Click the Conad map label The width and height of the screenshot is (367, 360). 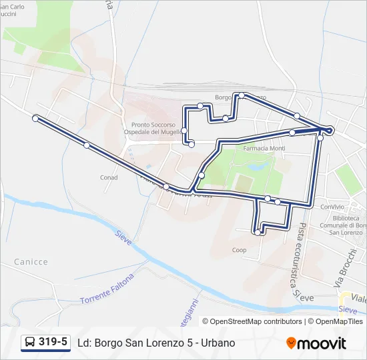109,178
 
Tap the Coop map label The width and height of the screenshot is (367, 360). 239,251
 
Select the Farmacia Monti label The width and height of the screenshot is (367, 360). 264,148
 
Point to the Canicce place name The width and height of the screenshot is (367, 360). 31,262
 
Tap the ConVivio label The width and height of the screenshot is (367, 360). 332,207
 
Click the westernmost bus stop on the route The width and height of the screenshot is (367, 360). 35,118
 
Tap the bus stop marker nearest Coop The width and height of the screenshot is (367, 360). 258,233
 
